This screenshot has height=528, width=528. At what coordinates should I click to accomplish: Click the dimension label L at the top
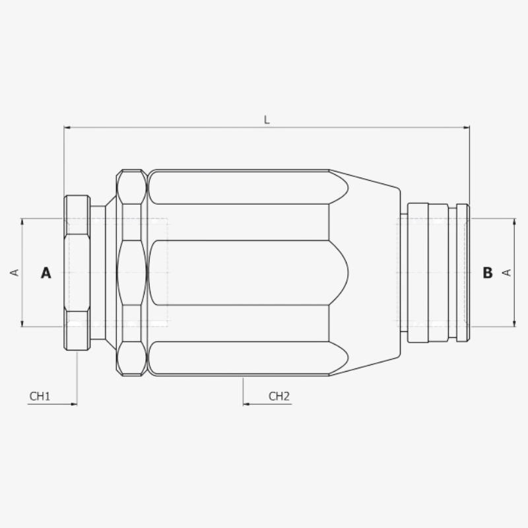point(267,120)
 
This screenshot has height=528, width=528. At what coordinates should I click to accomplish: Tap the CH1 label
point(40,397)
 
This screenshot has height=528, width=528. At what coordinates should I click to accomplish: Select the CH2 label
point(279,397)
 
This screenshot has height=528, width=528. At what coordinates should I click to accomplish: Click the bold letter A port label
point(46,273)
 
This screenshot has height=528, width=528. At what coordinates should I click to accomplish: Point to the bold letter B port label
point(488,273)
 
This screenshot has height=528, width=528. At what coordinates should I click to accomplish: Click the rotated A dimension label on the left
point(15,273)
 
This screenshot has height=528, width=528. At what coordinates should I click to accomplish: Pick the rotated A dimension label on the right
point(506,273)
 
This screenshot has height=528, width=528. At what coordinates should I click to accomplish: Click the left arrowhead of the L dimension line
point(67,127)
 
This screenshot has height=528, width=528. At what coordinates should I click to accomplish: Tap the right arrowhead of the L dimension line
point(467,127)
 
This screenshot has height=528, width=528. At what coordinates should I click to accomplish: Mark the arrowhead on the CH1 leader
point(75,404)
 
